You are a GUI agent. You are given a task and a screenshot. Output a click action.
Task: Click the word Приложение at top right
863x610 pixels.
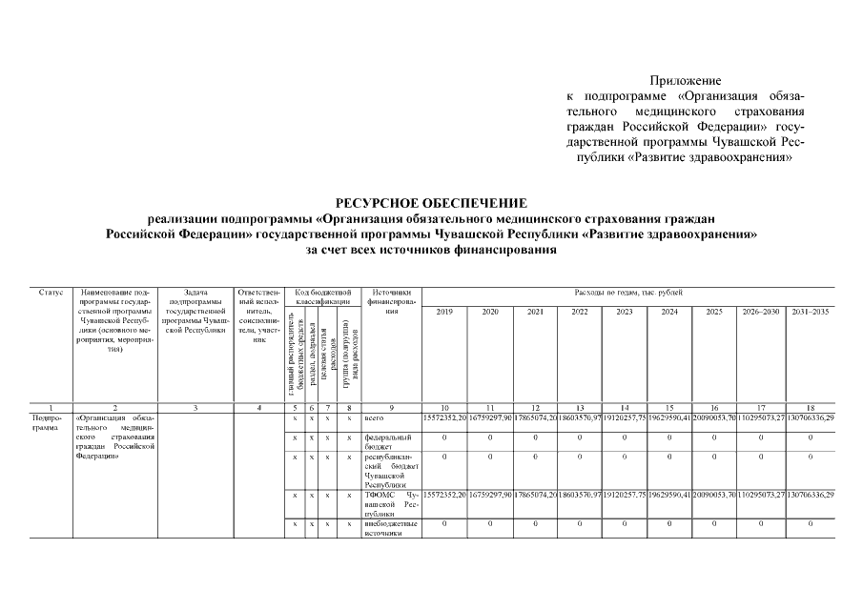pyautogui.click(x=685, y=81)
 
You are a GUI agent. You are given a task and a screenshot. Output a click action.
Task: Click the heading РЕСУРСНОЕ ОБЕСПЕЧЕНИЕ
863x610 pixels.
pyautogui.click(x=430, y=203)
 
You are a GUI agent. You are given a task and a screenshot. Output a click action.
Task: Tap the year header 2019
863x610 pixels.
pyautogui.click(x=444, y=312)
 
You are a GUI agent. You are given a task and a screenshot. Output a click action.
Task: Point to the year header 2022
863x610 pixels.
pyautogui.click(x=580, y=312)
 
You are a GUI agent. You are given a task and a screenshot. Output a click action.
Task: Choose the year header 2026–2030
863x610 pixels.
pyautogui.click(x=761, y=312)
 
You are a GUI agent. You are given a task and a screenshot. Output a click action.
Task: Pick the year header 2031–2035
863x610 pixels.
pyautogui.click(x=810, y=312)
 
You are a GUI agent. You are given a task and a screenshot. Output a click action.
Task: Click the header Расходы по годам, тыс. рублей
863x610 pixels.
pyautogui.click(x=627, y=292)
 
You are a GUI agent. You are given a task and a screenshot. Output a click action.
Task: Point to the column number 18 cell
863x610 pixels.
pyautogui.click(x=810, y=407)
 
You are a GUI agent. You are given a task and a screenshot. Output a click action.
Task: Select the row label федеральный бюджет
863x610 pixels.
pyautogui.click(x=387, y=441)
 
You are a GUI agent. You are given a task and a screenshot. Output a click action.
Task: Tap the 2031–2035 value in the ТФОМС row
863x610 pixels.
pyautogui.click(x=810, y=496)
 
